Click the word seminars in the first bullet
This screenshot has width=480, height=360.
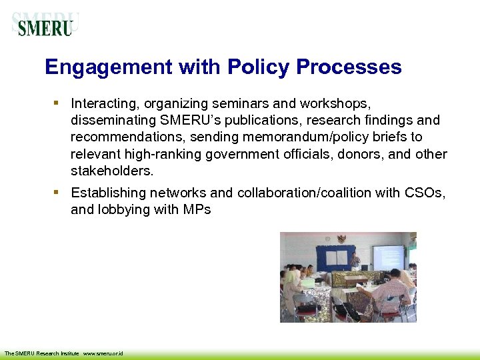[x=238, y=104]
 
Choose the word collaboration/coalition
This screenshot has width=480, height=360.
[x=317, y=193]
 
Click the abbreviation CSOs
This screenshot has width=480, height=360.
[x=425, y=193]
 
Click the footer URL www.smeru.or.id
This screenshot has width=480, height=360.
[x=103, y=353]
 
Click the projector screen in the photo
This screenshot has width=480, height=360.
[x=387, y=257]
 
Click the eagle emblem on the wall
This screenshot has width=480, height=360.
[x=342, y=239]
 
